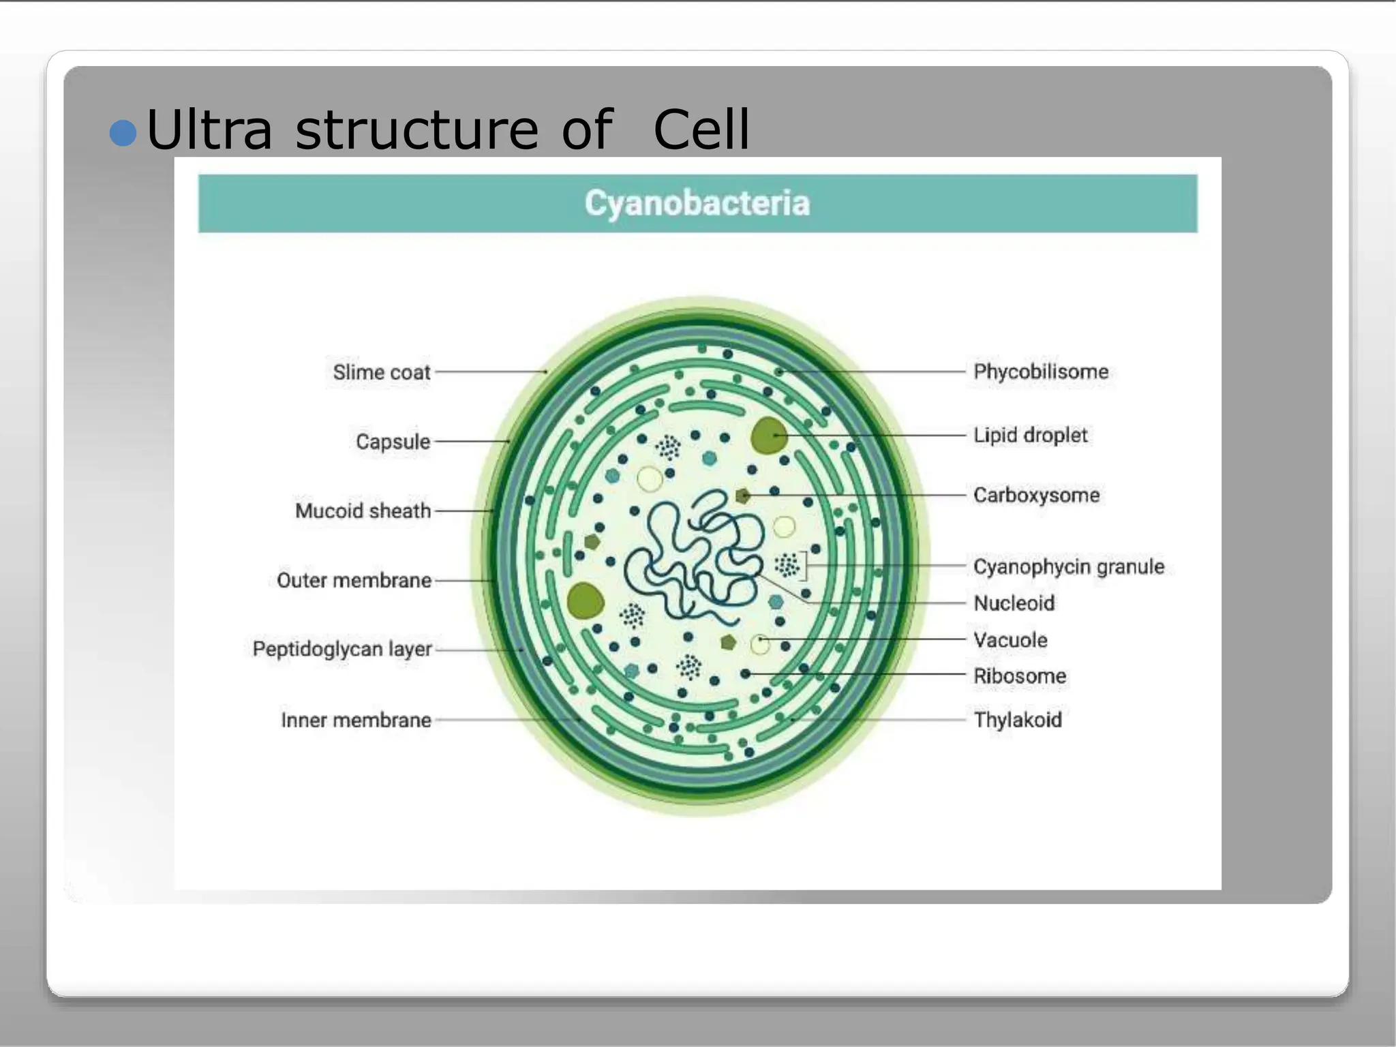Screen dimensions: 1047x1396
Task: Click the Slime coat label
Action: coord(381,372)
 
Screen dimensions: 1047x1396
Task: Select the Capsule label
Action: coord(393,442)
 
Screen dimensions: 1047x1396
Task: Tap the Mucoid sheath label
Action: coord(363,511)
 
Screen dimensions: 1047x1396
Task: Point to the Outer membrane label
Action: coord(354,580)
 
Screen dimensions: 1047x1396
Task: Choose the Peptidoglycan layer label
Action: coord(342,649)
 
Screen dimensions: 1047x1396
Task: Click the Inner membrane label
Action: coord(356,720)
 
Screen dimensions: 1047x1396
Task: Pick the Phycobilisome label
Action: coord(1040,371)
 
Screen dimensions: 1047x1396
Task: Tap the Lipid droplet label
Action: coord(1030,435)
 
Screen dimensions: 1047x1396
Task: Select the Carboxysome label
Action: coord(1036,495)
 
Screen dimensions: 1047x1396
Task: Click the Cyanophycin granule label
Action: coord(1068,566)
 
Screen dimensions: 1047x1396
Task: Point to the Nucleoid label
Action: coord(1014,603)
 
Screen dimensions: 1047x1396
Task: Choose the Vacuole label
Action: coord(1010,640)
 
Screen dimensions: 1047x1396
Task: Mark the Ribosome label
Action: coord(1019,676)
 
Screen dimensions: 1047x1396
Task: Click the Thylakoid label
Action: coord(1017,720)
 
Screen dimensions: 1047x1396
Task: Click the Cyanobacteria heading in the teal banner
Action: coord(697,203)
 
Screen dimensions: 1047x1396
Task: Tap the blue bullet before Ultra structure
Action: coord(123,133)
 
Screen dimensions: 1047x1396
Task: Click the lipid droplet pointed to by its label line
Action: coord(769,436)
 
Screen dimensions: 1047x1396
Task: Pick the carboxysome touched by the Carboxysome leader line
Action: coord(743,496)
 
